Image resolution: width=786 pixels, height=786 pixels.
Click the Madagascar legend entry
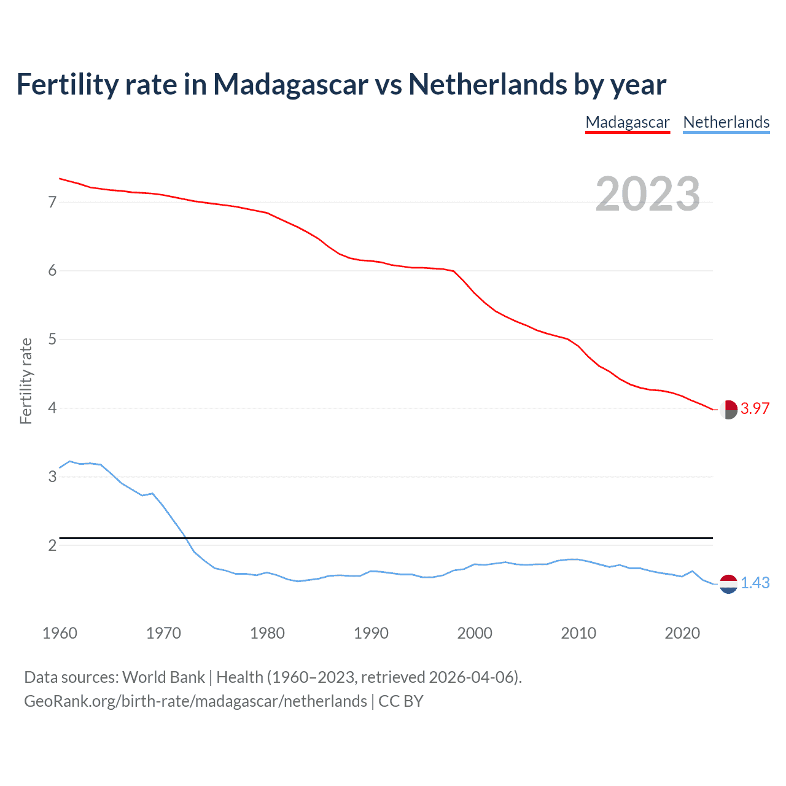point(627,122)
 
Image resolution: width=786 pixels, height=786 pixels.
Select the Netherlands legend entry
point(726,122)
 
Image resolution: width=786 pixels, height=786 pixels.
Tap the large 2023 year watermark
point(647,194)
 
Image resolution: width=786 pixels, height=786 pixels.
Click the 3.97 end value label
point(755,409)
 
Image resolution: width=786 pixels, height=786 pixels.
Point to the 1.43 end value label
point(755,583)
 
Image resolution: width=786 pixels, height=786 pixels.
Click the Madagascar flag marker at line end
point(728,410)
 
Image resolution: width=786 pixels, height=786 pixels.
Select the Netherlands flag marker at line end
point(728,584)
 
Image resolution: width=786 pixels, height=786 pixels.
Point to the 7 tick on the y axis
point(52,202)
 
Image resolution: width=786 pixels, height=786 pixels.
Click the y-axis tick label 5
point(52,339)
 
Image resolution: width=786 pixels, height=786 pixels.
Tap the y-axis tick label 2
point(52,545)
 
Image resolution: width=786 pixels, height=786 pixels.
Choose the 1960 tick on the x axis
point(60,633)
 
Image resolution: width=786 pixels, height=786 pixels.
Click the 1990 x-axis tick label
point(371,633)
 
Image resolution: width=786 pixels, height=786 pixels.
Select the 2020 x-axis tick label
point(682,633)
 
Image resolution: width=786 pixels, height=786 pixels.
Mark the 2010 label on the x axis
point(578,633)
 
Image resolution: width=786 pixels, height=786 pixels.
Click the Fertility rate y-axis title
point(26,381)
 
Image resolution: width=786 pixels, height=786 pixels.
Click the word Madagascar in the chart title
point(290,84)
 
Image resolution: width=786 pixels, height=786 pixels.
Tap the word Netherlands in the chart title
point(488,84)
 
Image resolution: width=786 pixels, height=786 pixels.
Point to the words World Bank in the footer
point(163,677)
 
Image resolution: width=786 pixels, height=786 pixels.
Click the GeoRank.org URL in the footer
point(195,701)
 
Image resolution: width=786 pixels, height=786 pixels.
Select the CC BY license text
point(401,701)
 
